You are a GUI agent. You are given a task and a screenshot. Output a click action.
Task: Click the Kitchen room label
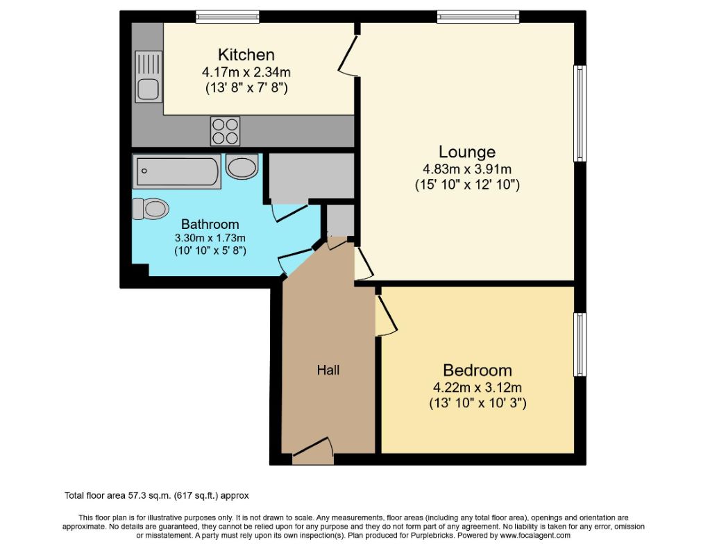click(x=246, y=55)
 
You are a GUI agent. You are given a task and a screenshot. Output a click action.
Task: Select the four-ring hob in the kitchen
click(x=225, y=130)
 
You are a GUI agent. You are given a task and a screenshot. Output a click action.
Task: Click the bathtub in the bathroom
click(x=178, y=171)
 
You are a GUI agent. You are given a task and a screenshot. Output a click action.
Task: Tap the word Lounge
click(x=466, y=152)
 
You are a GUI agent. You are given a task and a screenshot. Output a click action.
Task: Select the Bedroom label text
click(x=477, y=370)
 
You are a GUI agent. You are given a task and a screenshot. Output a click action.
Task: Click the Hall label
click(x=328, y=370)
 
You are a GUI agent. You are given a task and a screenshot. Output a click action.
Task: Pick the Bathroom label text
click(x=210, y=224)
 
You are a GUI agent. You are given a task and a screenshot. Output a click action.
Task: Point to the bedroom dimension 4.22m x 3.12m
click(x=477, y=388)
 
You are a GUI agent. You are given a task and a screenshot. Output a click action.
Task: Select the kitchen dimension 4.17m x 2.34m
click(x=246, y=71)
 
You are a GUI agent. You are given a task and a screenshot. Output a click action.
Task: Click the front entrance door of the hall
click(x=312, y=452)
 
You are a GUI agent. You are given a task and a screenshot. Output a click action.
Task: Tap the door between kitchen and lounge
click(x=348, y=52)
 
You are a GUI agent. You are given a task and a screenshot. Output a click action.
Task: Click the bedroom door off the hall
click(x=385, y=314)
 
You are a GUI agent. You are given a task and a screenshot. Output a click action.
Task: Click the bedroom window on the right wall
click(x=580, y=344)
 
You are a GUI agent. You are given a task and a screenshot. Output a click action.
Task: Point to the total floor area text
click(x=156, y=495)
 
